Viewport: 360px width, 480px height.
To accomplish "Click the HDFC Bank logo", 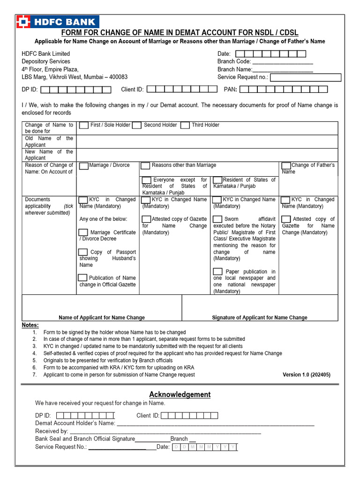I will (57, 22).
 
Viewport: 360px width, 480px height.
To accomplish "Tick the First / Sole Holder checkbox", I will (83, 125).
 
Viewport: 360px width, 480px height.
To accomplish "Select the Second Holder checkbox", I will (136, 125).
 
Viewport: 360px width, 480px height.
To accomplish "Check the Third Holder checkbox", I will (185, 125).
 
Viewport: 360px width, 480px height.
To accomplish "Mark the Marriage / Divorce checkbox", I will (83, 165).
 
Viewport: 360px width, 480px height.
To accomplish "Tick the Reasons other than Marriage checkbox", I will (145, 165).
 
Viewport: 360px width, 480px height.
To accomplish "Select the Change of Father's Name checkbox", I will (286, 165).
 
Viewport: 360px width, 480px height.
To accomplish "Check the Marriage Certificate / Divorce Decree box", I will (83, 232).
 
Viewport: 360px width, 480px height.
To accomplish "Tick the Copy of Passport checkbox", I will (83, 252).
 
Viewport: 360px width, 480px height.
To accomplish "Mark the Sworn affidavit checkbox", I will (217, 219).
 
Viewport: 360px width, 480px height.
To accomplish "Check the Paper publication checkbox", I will (217, 271).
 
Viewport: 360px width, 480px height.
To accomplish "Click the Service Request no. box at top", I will (306, 77).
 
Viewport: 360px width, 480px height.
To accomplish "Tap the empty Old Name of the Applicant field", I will (207, 142).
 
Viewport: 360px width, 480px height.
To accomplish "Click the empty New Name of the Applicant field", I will (207, 155).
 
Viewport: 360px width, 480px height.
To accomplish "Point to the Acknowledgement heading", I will (180, 395).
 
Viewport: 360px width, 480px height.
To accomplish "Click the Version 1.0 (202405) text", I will (307, 375).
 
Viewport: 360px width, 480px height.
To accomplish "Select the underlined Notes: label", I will (30, 325).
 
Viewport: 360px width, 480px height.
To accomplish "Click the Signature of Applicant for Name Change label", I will (260, 317).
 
